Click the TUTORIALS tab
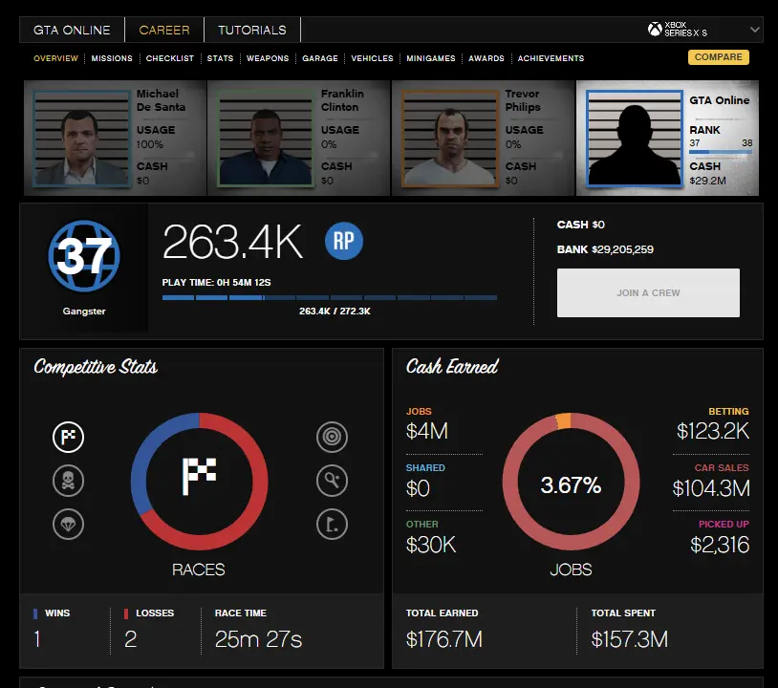[252, 30]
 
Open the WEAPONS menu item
[268, 58]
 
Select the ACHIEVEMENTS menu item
[551, 58]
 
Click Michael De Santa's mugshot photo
[82, 138]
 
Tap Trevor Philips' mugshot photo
[449, 138]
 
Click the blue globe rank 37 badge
[83, 256]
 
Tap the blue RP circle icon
[344, 242]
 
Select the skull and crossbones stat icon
[68, 481]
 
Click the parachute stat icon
[68, 524]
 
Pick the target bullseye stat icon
[332, 438]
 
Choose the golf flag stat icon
[332, 524]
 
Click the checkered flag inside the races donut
[199, 476]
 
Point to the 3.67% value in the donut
[571, 485]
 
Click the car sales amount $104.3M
[710, 488]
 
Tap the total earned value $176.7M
[444, 638]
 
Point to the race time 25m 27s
[258, 638]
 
